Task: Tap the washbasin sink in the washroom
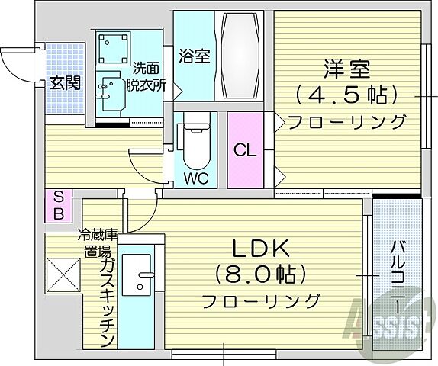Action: pyautogui.click(x=111, y=88)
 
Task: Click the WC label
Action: pyautogui.click(x=196, y=180)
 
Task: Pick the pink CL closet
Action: pyautogui.click(x=245, y=149)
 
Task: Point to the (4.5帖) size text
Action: pyautogui.click(x=348, y=95)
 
